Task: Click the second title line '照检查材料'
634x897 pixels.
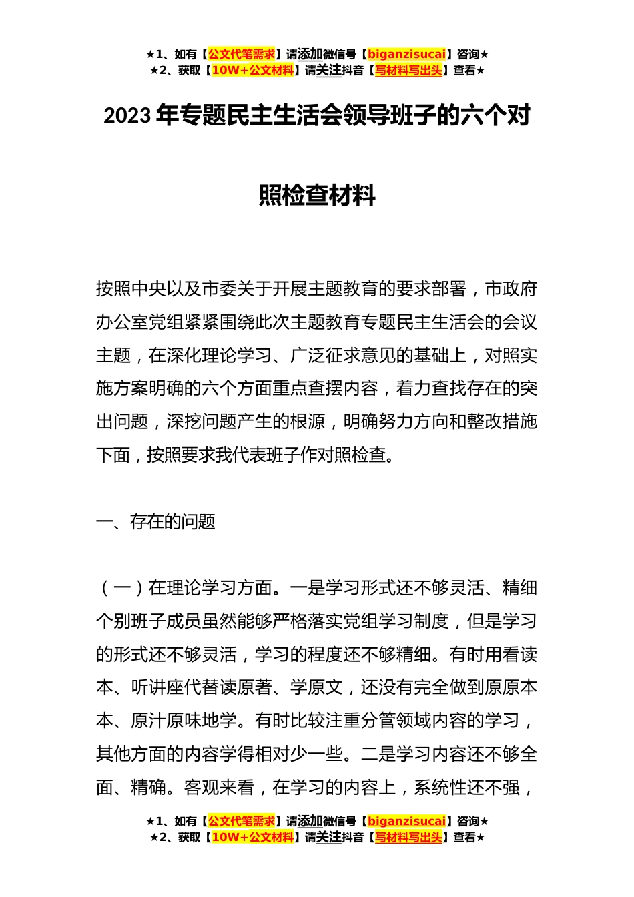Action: pyautogui.click(x=317, y=196)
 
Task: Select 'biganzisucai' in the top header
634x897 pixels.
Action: pyautogui.click(x=406, y=54)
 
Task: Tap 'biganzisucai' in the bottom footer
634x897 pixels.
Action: pyautogui.click(x=406, y=821)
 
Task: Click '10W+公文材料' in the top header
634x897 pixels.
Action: pyautogui.click(x=252, y=70)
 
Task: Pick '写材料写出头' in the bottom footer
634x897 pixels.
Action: pyautogui.click(x=408, y=837)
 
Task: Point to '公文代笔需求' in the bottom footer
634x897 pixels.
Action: pyautogui.click(x=241, y=821)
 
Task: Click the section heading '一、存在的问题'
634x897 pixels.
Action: pyautogui.click(x=155, y=521)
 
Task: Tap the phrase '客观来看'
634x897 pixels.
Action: pyautogui.click(x=220, y=788)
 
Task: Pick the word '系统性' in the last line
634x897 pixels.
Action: pyautogui.click(x=440, y=788)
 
